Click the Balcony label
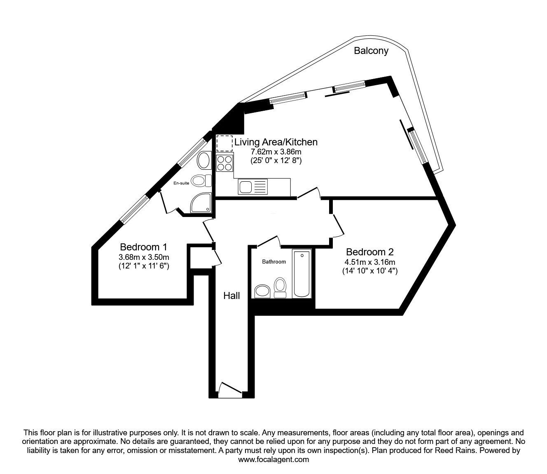coord(371,51)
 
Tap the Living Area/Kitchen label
coord(276,142)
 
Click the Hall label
coord(231,295)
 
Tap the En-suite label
coord(181,183)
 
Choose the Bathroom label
coord(274,262)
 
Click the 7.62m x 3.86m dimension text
coord(276,152)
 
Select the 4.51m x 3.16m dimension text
coord(369,262)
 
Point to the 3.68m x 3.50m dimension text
coord(143,257)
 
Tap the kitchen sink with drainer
coord(252,187)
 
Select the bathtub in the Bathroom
coord(302,273)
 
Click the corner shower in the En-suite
coord(201,203)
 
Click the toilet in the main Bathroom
coord(281,287)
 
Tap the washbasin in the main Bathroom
coord(262,291)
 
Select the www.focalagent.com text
coord(273,460)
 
